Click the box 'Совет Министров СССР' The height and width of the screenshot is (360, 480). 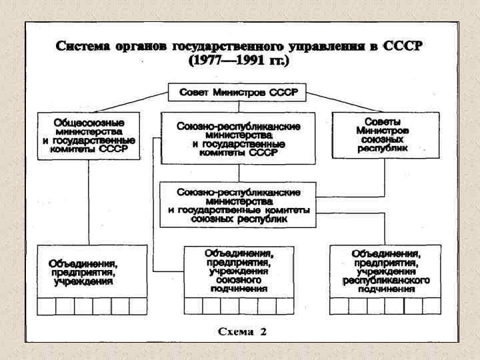[x=237, y=93]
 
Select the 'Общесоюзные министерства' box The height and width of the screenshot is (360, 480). [x=89, y=136]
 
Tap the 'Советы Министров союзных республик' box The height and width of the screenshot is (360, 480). [x=385, y=135]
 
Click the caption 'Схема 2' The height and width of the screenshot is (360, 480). [x=243, y=331]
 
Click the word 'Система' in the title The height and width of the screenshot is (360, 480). [x=83, y=47]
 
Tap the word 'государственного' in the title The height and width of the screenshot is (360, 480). [x=233, y=47]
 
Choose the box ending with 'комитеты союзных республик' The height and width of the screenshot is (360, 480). [x=238, y=205]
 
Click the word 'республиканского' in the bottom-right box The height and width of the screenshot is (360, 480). [x=385, y=281]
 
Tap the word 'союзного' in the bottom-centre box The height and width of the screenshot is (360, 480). [x=239, y=281]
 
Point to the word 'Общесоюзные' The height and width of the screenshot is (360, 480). [x=89, y=123]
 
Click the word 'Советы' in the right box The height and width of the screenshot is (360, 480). [x=385, y=122]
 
